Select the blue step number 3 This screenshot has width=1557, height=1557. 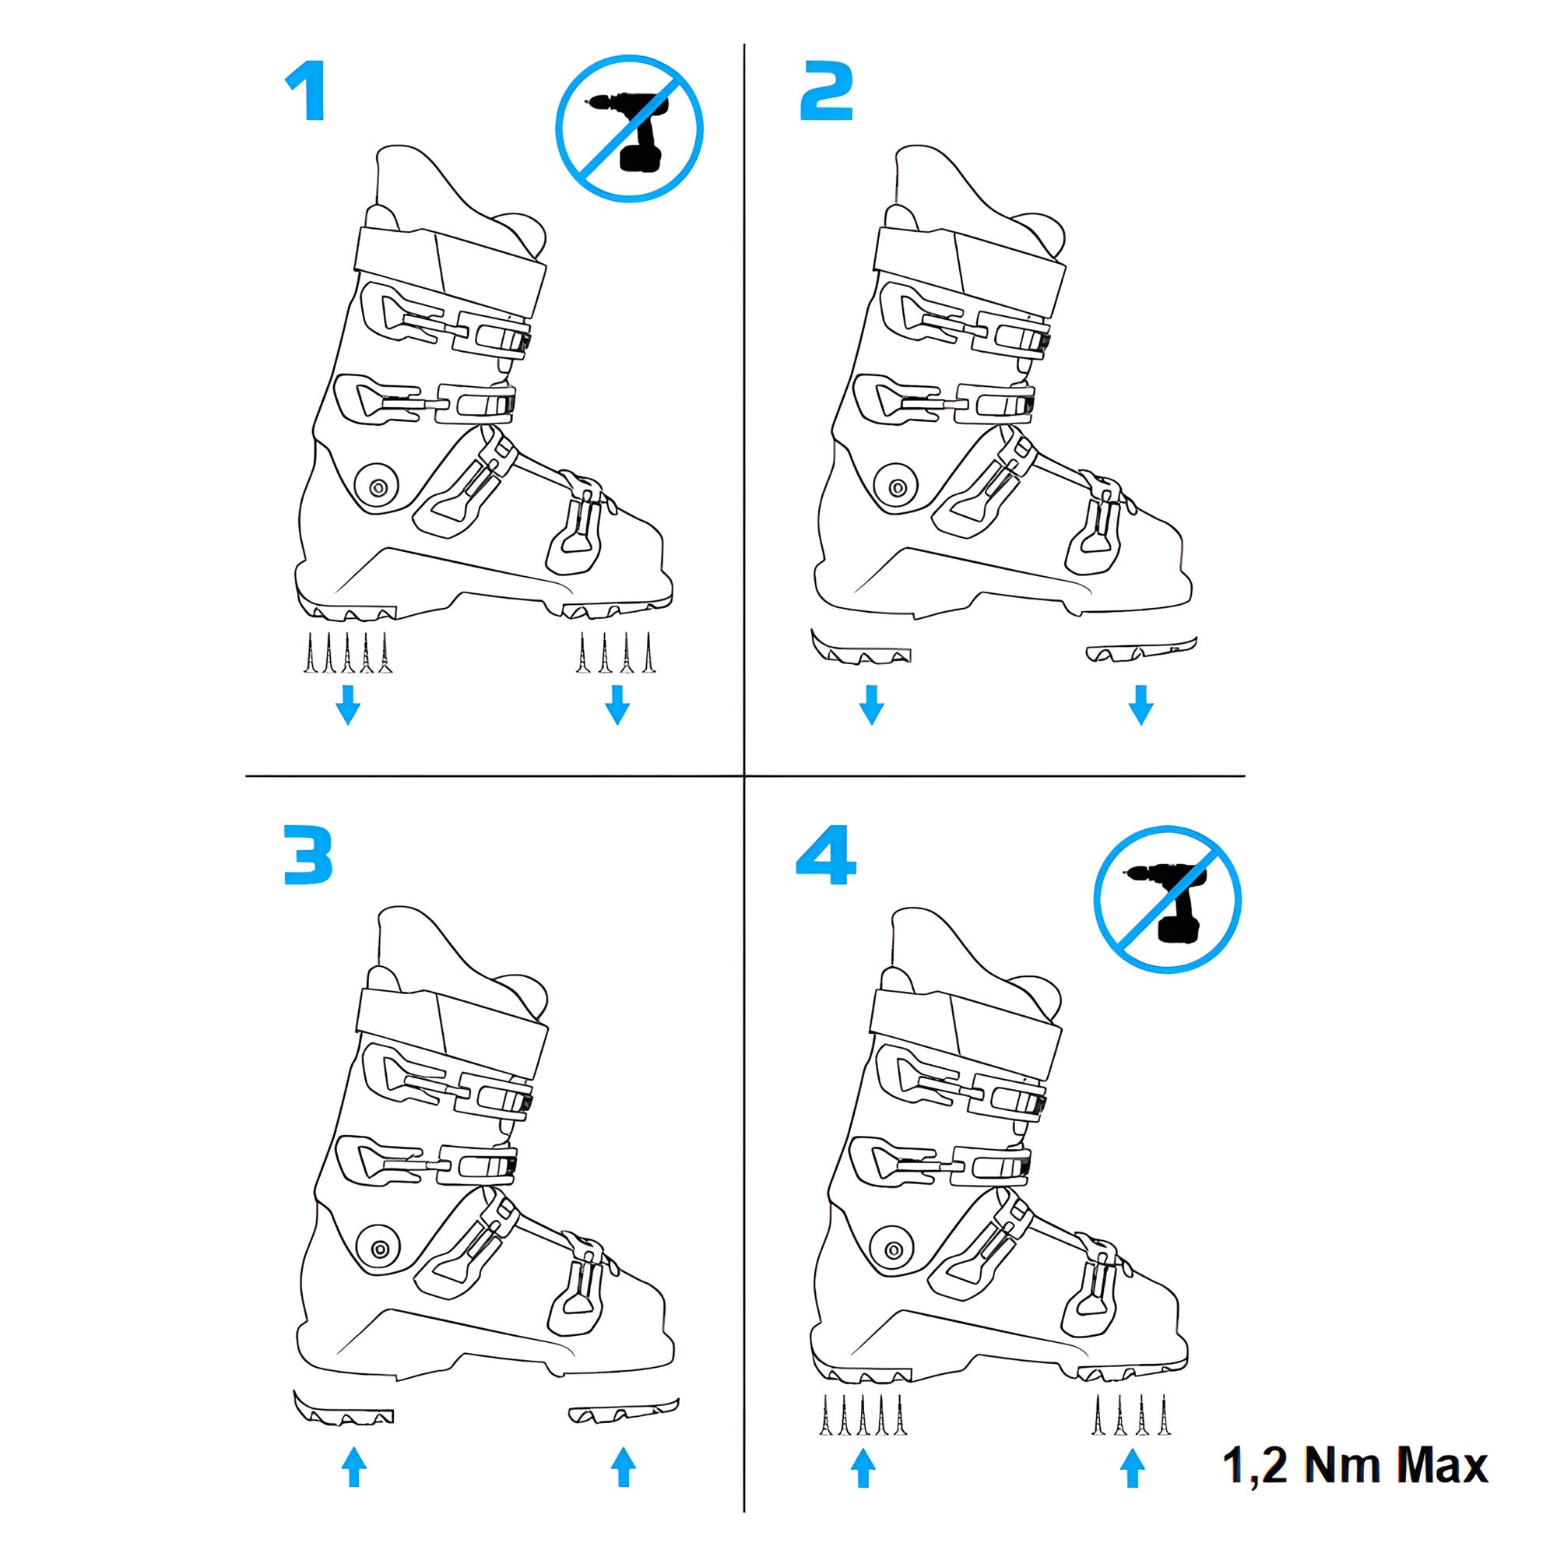click(x=308, y=854)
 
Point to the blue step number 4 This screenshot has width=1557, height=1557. click(x=825, y=854)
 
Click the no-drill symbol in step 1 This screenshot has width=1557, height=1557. click(x=629, y=128)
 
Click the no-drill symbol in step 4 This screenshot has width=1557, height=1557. click(x=1167, y=899)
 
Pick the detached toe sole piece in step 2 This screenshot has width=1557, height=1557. click(x=1141, y=649)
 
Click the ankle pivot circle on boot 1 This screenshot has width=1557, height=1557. click(x=377, y=487)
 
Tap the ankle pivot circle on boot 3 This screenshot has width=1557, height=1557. click(x=379, y=1249)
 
